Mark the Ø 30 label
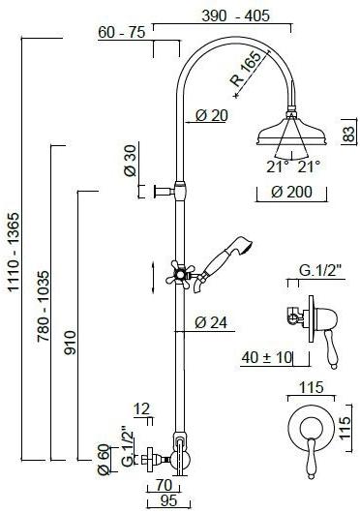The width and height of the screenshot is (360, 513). pos(131,159)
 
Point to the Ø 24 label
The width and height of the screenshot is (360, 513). pos(211,323)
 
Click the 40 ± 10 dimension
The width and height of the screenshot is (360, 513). pos(267,357)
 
